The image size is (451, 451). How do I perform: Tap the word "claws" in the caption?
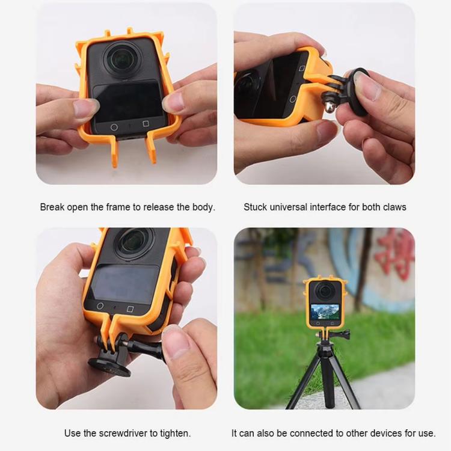tap(393, 207)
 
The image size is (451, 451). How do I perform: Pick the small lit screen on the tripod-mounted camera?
tap(323, 313)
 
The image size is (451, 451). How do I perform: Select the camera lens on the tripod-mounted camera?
tap(324, 291)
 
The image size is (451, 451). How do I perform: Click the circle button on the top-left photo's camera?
tap(114, 127)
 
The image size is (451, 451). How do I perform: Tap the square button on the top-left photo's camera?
tap(146, 124)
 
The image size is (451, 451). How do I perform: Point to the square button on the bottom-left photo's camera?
tap(130, 309)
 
